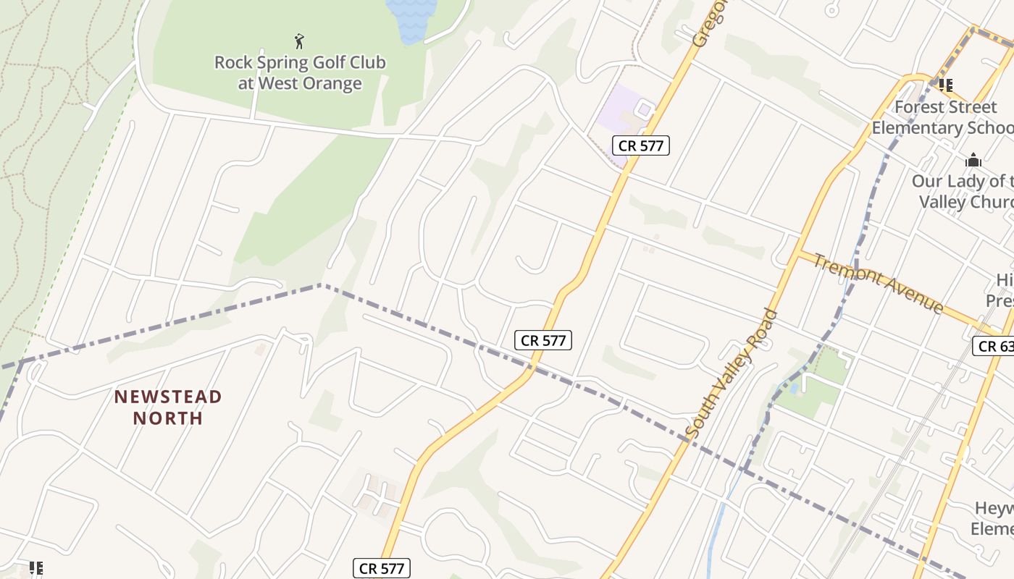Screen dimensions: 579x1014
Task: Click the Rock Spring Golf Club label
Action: click(x=300, y=63)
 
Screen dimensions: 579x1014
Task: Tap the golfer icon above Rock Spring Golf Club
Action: click(x=299, y=41)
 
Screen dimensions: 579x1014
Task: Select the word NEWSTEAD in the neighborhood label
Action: click(x=168, y=397)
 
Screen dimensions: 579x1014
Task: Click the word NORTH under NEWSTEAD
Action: click(x=168, y=418)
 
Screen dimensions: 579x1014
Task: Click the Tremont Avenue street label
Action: click(x=877, y=282)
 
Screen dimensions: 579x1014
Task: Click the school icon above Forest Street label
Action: click(x=945, y=85)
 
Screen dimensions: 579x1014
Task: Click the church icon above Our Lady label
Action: click(x=973, y=160)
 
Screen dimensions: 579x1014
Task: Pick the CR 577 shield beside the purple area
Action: click(x=641, y=145)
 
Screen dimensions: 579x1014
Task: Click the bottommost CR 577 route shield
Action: click(x=382, y=568)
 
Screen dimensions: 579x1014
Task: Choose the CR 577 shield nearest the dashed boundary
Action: click(x=543, y=340)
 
